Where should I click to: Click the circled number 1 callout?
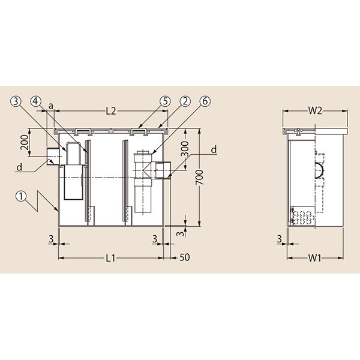[21, 197]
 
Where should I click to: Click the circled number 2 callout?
[185, 101]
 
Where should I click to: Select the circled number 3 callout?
[16, 101]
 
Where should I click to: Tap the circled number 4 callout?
[35, 101]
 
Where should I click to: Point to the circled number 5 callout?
[166, 101]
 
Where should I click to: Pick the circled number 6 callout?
[205, 101]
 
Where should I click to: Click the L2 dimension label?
[111, 111]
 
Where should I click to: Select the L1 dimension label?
[110, 258]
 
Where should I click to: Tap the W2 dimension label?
[315, 111]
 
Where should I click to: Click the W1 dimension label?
[314, 258]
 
